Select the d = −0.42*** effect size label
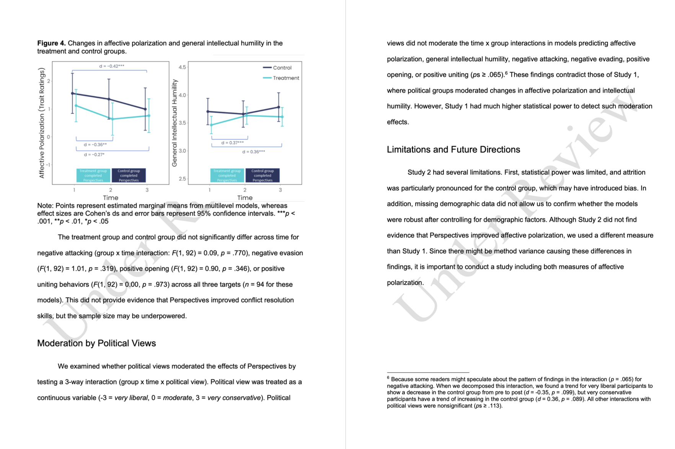pos(112,66)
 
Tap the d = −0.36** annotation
pos(95,144)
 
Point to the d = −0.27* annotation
pos(94,154)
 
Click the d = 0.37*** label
pos(232,143)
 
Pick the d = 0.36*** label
pos(253,152)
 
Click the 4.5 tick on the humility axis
pos(182,67)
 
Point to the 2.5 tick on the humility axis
pos(182,178)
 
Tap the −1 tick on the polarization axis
pos(48,165)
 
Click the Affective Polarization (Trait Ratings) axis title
pos(42,123)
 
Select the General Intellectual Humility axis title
pos(174,123)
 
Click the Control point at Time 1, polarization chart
pos(73,93)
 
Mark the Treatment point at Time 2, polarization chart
pos(112,119)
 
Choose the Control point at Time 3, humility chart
pos(279,107)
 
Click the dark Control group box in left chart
pos(129,175)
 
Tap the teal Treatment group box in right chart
pos(227,175)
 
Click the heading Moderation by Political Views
pos(96,343)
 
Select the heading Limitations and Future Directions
pos(453,149)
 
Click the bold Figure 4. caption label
pos(51,43)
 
